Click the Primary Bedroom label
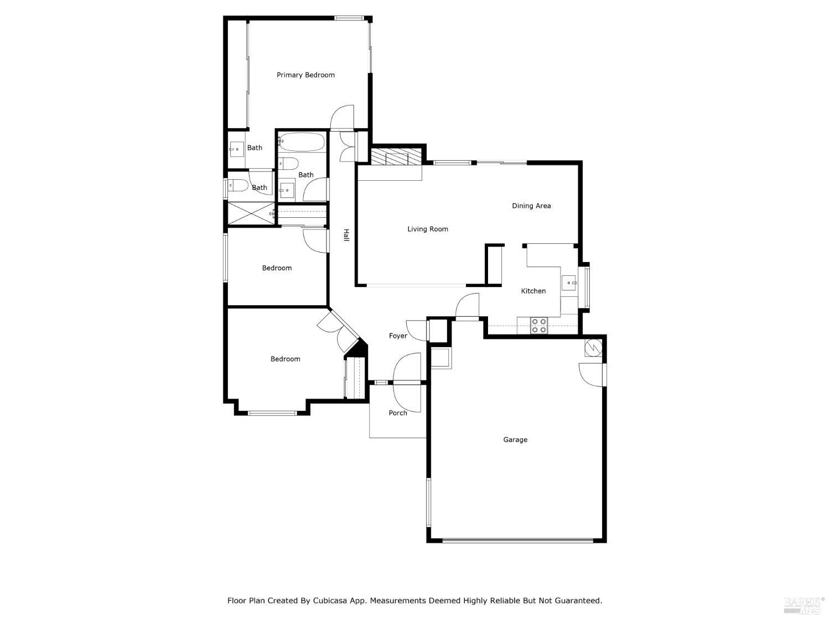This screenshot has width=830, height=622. point(305,75)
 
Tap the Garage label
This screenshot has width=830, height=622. point(515,440)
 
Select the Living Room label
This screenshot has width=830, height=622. point(428,229)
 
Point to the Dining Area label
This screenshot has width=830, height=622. point(531,206)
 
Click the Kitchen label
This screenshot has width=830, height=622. point(533,291)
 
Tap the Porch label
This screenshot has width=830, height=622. point(398,413)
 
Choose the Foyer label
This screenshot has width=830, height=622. point(398,336)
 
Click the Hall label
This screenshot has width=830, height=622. point(346,235)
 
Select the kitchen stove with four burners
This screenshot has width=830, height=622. point(539,326)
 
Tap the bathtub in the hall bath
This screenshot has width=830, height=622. point(302,142)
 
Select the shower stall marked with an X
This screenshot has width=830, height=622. point(251,213)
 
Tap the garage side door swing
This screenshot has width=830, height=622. point(592,375)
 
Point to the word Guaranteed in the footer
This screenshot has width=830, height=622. point(578,600)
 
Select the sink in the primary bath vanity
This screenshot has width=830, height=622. point(237,149)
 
